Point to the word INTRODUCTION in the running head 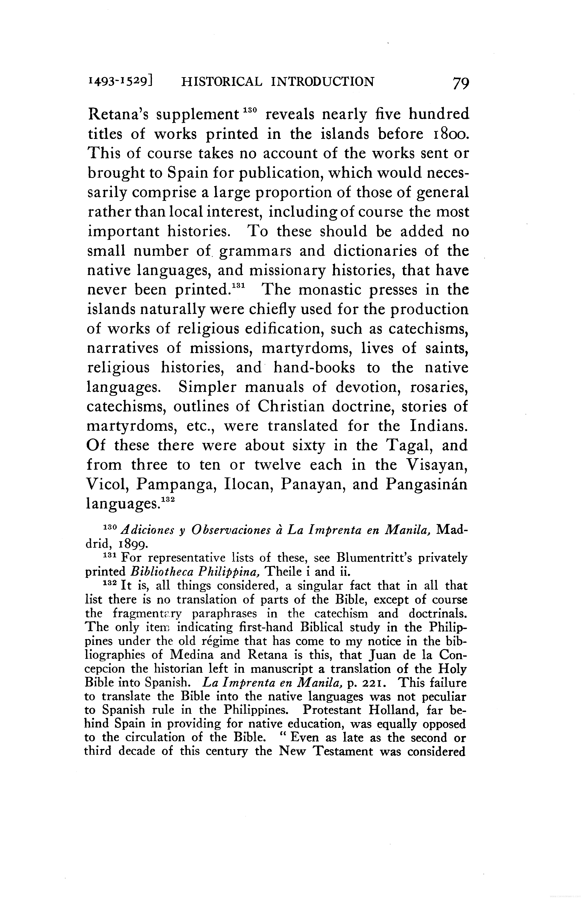point(323,81)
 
